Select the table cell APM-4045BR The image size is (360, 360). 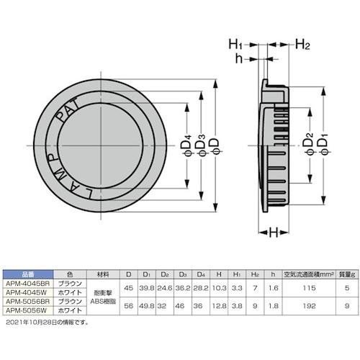click(x=23, y=284)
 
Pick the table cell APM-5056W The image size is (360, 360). click(x=23, y=310)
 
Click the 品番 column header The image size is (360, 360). click(x=23, y=274)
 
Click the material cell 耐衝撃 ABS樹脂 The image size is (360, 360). click(x=105, y=297)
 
